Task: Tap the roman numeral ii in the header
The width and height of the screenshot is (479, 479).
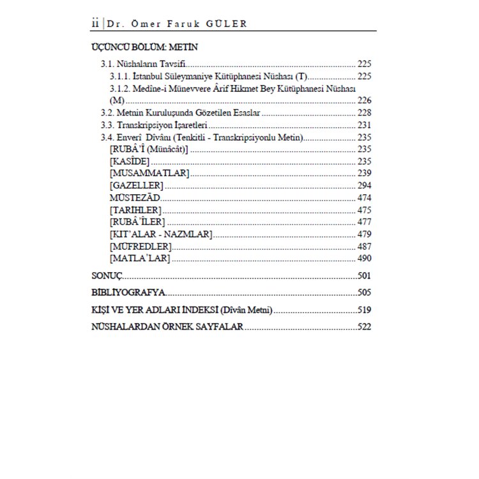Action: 94,24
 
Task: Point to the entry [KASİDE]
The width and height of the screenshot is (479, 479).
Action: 130,161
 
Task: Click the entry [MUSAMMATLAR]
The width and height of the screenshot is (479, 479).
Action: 148,173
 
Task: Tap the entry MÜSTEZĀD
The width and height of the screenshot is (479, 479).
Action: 135,198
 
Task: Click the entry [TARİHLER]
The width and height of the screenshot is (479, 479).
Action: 135,210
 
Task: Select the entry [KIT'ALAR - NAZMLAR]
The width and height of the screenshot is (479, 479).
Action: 161,234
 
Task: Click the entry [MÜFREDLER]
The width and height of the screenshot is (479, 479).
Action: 141,247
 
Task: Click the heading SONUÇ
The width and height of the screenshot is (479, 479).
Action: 107,277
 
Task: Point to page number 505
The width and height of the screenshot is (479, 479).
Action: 364,293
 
